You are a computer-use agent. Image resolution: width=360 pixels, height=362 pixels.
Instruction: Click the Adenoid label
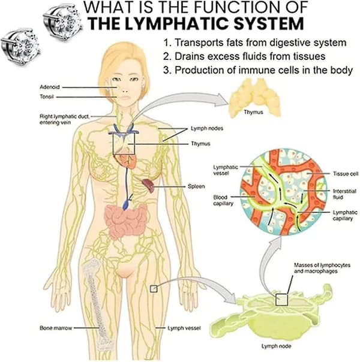50,87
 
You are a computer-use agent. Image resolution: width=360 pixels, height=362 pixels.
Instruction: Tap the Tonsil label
47,96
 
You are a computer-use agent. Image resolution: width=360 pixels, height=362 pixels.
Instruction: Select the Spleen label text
196,186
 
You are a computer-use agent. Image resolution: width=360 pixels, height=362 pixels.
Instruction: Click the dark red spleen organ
148,185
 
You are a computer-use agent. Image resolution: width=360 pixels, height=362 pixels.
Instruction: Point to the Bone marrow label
56,328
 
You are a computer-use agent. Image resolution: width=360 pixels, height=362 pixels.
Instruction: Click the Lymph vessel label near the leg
184,328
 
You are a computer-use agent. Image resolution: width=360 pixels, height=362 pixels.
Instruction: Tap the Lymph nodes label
207,128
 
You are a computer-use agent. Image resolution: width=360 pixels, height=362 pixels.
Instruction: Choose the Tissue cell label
346,174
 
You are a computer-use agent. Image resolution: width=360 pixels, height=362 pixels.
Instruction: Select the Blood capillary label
223,200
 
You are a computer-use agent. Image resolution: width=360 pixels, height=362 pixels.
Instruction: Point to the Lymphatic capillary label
345,215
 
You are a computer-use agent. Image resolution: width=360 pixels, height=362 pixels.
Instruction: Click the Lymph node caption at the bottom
276,346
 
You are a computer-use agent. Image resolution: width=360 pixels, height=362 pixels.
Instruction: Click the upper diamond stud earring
62,22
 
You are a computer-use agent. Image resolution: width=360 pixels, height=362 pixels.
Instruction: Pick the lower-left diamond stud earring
20,47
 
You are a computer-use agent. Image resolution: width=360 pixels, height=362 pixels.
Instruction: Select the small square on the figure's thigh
154,289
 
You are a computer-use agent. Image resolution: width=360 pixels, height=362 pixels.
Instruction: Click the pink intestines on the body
125,221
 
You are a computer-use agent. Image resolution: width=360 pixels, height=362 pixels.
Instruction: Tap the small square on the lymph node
281,300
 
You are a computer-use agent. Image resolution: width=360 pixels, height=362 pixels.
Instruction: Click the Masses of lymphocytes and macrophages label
322,268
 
